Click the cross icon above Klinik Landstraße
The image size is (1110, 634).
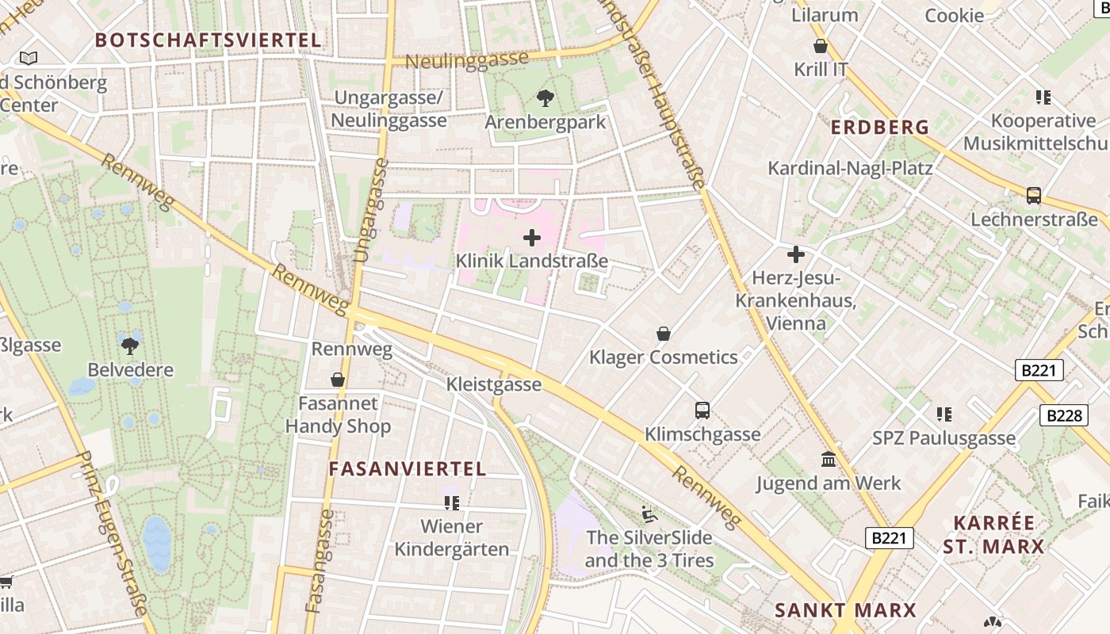pyautogui.click(x=532, y=237)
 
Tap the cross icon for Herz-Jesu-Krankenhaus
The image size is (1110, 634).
pyautogui.click(x=795, y=254)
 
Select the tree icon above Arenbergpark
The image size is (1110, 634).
pyautogui.click(x=545, y=98)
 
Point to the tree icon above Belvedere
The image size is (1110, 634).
pyautogui.click(x=130, y=346)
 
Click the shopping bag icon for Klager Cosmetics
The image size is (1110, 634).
pyautogui.click(x=664, y=334)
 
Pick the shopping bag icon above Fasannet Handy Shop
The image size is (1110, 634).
pyautogui.click(x=338, y=380)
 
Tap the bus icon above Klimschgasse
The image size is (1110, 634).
pyautogui.click(x=702, y=411)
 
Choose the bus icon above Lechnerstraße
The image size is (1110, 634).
pyautogui.click(x=1033, y=196)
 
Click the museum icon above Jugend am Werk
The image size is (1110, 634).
pyautogui.click(x=829, y=459)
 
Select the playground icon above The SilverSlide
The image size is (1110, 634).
pyautogui.click(x=649, y=514)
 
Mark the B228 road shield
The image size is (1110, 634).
pyautogui.click(x=1063, y=415)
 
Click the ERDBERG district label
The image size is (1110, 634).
pyautogui.click(x=879, y=127)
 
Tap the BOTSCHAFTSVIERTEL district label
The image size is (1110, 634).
pyautogui.click(x=208, y=40)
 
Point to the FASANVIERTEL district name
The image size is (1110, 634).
pyautogui.click(x=408, y=468)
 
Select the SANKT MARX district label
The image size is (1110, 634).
pyautogui.click(x=845, y=610)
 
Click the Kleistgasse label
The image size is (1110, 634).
pyautogui.click(x=494, y=384)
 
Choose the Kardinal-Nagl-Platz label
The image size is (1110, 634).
pyautogui.click(x=850, y=168)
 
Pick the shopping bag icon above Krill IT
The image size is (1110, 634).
pyautogui.click(x=821, y=47)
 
